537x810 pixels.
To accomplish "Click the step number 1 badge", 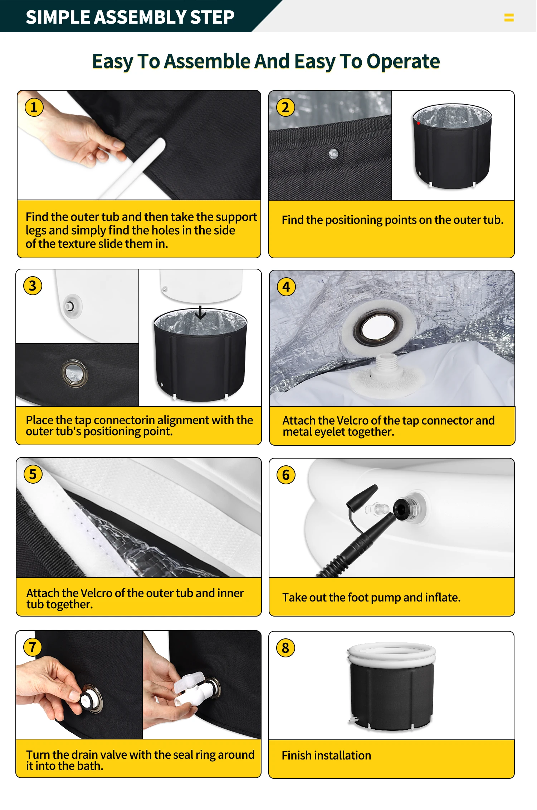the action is click(34, 107).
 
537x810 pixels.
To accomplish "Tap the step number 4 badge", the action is click(286, 287).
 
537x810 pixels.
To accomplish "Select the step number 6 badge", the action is click(286, 475).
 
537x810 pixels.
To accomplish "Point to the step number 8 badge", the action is click(285, 648).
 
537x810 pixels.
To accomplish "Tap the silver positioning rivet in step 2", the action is click(333, 154).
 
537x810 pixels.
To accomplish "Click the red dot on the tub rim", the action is click(419, 123).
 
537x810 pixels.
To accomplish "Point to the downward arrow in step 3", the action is click(200, 312).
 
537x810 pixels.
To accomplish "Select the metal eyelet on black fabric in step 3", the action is click(74, 373).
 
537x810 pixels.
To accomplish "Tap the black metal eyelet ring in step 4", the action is click(378, 327).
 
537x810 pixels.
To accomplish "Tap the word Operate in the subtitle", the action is click(403, 61).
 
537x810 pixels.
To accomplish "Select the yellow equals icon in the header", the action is click(509, 17).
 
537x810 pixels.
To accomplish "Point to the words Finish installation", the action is click(326, 756).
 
